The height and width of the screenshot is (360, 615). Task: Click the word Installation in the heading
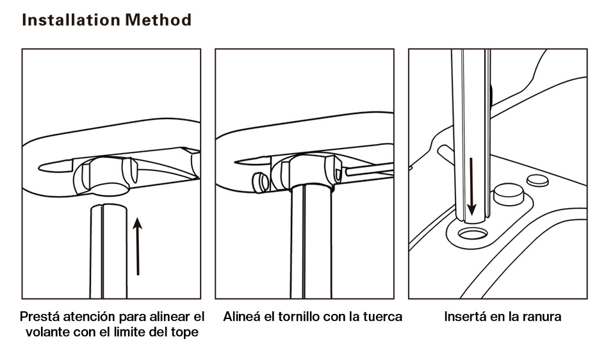(71, 20)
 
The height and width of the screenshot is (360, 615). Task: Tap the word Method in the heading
(158, 20)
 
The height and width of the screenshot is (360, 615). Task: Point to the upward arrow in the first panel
(138, 246)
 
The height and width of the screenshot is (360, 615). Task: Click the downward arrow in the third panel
(472, 186)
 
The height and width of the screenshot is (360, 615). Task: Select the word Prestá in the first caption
(39, 317)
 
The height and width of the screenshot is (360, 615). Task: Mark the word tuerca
(382, 317)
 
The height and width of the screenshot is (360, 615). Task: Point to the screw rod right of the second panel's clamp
(368, 170)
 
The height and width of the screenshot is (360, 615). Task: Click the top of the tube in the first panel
(107, 208)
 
